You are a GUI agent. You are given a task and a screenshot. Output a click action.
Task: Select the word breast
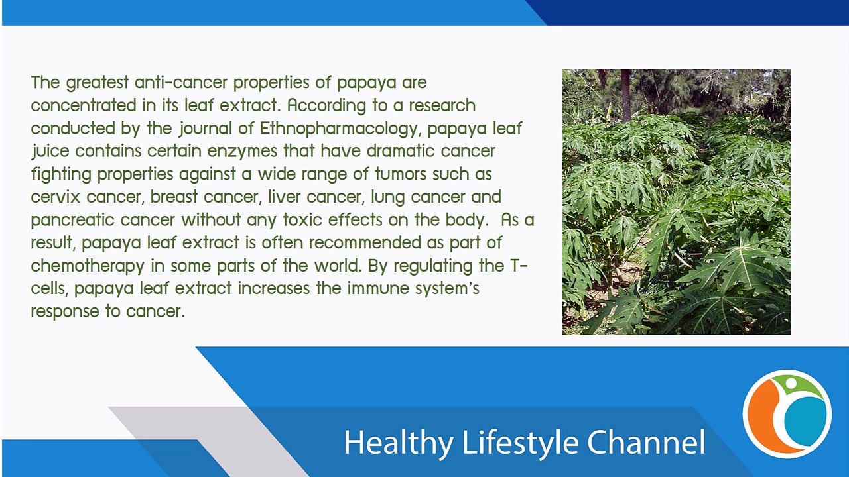pos(174,197)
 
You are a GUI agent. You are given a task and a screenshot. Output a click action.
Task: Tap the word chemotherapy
pos(88,266)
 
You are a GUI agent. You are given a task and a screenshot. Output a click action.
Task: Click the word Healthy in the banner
pos(399,443)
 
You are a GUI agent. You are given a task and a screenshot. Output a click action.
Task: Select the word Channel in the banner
pos(646,443)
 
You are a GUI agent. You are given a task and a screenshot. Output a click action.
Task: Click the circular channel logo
pos(787,414)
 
